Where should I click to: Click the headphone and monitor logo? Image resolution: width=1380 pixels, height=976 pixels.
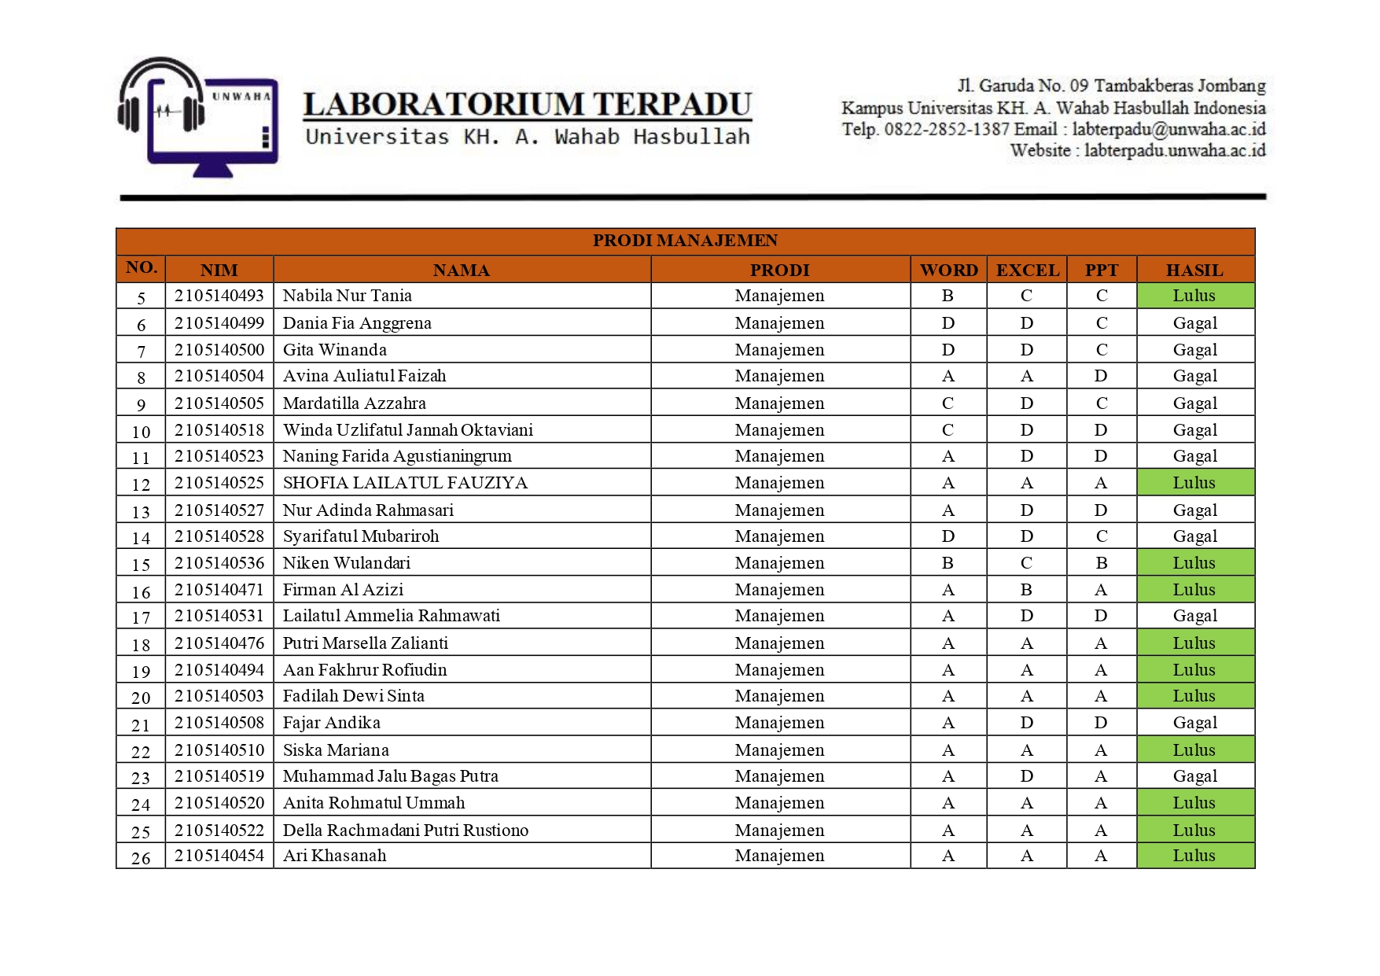point(197,116)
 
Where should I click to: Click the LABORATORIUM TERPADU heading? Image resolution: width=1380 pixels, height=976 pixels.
point(527,105)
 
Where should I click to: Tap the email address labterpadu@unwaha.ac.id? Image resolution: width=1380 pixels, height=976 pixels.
point(1168,130)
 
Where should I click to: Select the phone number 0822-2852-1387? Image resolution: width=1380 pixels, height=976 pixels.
point(947,130)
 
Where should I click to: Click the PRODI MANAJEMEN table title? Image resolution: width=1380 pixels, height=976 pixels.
point(685,241)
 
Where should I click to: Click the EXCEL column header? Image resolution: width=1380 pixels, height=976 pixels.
point(1027,271)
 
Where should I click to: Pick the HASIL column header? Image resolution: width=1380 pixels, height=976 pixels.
point(1194,271)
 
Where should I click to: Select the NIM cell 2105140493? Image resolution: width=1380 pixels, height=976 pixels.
point(219,296)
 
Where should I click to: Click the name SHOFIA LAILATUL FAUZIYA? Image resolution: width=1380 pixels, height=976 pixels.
point(405,483)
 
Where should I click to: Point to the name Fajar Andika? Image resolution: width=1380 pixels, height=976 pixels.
point(331,723)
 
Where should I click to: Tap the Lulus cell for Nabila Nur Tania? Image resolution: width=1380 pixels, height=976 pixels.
point(1194,296)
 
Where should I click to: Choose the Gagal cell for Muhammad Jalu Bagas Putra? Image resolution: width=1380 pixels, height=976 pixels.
point(1194,776)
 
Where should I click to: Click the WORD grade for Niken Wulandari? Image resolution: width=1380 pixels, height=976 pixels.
point(948,563)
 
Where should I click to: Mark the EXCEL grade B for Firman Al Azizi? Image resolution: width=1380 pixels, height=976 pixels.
point(1026,590)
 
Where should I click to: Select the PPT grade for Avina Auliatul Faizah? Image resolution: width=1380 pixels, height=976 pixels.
point(1101,376)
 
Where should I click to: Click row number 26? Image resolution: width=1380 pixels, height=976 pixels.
point(141,858)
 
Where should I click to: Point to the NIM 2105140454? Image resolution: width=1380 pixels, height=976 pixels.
point(219,856)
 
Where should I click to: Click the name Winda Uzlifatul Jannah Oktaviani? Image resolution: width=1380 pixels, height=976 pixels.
point(407,430)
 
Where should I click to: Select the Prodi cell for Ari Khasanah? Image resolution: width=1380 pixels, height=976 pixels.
point(779,856)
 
